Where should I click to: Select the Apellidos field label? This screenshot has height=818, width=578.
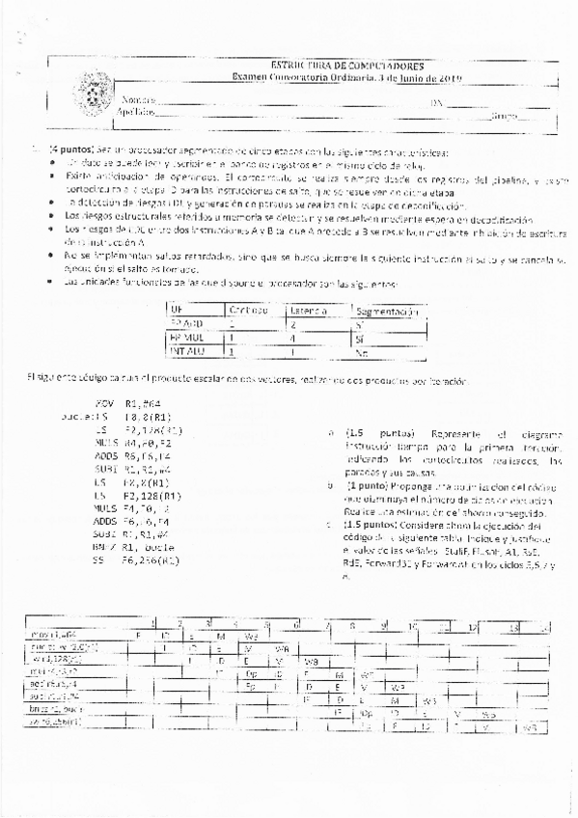point(136,114)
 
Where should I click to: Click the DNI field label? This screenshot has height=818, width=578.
point(437,101)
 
